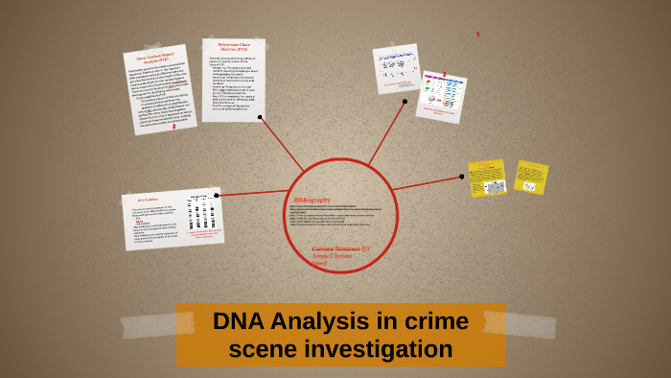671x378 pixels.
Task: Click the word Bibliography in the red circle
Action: (x=312, y=199)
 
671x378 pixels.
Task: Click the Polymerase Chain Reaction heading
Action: (x=233, y=47)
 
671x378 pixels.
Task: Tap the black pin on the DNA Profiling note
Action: (x=218, y=195)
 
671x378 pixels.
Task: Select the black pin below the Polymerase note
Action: (x=260, y=117)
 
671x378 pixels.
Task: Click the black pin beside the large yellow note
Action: (x=462, y=177)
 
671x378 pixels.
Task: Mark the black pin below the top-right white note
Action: (x=405, y=101)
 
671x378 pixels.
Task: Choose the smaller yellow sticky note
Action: (x=531, y=177)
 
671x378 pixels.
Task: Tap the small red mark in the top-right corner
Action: (x=477, y=34)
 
